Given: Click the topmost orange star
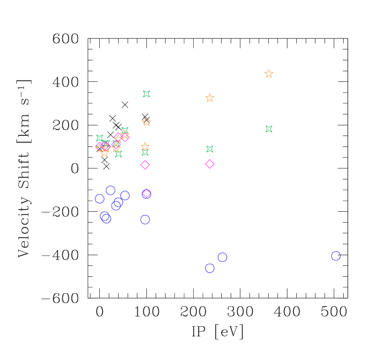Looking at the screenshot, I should coord(269,74).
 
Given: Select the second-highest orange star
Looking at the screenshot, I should coord(210,98).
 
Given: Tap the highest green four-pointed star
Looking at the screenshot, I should coord(147,94).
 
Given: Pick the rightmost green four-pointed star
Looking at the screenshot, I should coord(269,129).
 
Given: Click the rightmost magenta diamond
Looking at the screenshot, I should coord(210,164).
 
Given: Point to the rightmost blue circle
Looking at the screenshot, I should coord(336,256).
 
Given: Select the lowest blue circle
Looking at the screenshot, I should coord(210,268).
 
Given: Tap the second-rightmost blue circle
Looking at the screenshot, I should coord(223,258).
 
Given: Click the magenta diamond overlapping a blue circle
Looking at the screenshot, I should coord(147,193).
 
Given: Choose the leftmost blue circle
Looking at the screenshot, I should coord(99,199).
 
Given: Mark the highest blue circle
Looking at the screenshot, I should coord(110,190).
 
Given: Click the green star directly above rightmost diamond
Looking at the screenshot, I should coord(210,149).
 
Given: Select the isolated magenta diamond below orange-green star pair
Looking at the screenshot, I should coord(145,165).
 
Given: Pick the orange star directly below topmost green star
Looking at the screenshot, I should coord(147,122).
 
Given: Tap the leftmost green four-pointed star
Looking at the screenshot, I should coord(100,138).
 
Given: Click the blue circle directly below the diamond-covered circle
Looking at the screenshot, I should coord(145,220).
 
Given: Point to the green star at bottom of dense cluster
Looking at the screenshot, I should coord(118,154).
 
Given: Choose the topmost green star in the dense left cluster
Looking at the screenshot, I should coord(125,130).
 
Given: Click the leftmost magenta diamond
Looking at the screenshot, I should coord(99,147).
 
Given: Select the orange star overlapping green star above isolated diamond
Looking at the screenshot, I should coord(145,147).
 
